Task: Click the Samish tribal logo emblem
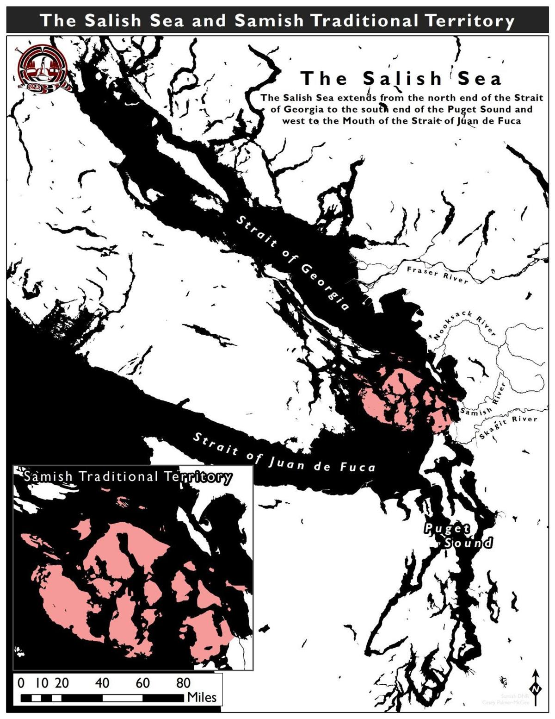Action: pos(42,69)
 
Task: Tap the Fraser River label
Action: pos(438,275)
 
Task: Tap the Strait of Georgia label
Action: pos(293,263)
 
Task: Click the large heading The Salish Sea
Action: pos(401,78)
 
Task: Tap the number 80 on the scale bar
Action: pos(183,683)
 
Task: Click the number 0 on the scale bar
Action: pos(21,683)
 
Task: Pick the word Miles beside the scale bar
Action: pos(202,697)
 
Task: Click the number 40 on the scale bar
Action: pos(102,683)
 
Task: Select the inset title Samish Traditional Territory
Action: pos(128,476)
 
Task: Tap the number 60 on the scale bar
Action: pos(142,683)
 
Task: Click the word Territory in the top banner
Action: pos(466,21)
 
